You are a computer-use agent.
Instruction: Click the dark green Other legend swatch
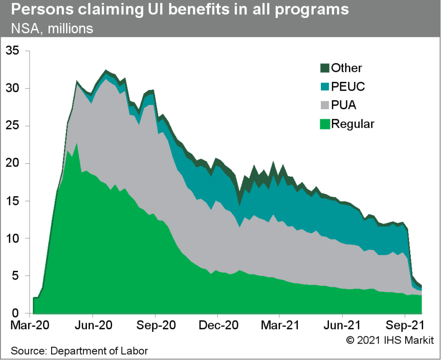click(324, 68)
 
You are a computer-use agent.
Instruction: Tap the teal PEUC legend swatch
click(324, 87)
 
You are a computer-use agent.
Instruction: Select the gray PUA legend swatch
click(324, 105)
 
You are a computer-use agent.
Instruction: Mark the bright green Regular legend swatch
click(324, 124)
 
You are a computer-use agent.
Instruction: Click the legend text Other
click(346, 68)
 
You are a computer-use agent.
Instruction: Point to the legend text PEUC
click(348, 87)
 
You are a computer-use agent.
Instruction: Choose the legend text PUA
click(343, 105)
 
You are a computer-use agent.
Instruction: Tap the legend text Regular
click(353, 124)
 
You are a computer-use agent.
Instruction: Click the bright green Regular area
click(128, 256)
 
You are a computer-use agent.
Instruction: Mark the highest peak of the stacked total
click(106, 70)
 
